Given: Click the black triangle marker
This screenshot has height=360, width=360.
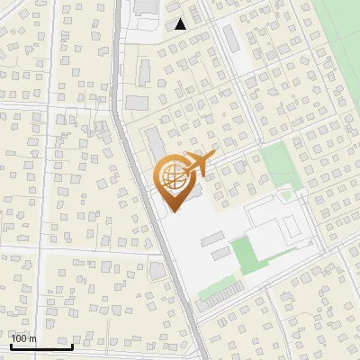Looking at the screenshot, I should point(181,24).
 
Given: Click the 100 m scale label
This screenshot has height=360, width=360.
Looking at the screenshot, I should point(23,338).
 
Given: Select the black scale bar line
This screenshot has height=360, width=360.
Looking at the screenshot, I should point(40,346).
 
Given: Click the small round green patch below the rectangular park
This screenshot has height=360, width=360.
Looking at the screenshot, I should point(286,194).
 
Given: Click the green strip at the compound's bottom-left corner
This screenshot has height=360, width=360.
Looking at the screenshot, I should point(214,290).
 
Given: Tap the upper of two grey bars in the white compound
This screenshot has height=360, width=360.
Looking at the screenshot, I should point(212,238).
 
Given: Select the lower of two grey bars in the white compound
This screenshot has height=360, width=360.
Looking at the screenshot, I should point(220,253).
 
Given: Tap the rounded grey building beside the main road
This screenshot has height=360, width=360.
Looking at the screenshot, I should point(157,271).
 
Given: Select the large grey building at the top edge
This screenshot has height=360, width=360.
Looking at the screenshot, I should point(144,7).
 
